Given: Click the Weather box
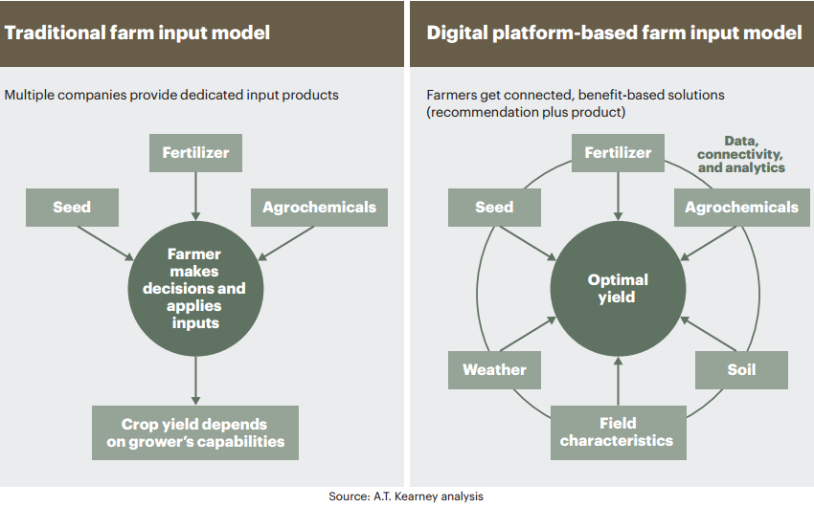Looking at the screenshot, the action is click(494, 369).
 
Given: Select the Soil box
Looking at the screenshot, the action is click(741, 369).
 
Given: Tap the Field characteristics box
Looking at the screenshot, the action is click(619, 432).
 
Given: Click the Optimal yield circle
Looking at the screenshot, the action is click(618, 289).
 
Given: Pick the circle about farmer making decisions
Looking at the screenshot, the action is click(195, 289).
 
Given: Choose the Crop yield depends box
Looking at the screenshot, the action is click(195, 432).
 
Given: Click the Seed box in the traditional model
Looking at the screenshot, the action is click(72, 208).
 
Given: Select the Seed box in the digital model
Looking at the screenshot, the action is click(494, 208).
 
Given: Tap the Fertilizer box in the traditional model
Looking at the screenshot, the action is click(195, 153).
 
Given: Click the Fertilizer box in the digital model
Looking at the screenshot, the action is click(618, 153).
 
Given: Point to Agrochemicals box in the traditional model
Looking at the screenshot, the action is click(319, 208).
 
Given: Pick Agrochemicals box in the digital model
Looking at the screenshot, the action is click(742, 208).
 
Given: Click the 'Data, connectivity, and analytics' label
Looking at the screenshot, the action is click(741, 154).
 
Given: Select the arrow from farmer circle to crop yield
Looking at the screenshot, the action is click(195, 381).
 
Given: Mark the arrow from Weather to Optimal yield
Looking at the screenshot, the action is click(528, 335).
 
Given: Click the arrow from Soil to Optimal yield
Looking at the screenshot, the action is click(708, 335).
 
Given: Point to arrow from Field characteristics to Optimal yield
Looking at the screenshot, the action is click(618, 381).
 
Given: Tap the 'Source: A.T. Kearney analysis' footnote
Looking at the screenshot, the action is click(406, 496).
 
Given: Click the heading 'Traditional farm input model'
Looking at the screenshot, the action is click(138, 33).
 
